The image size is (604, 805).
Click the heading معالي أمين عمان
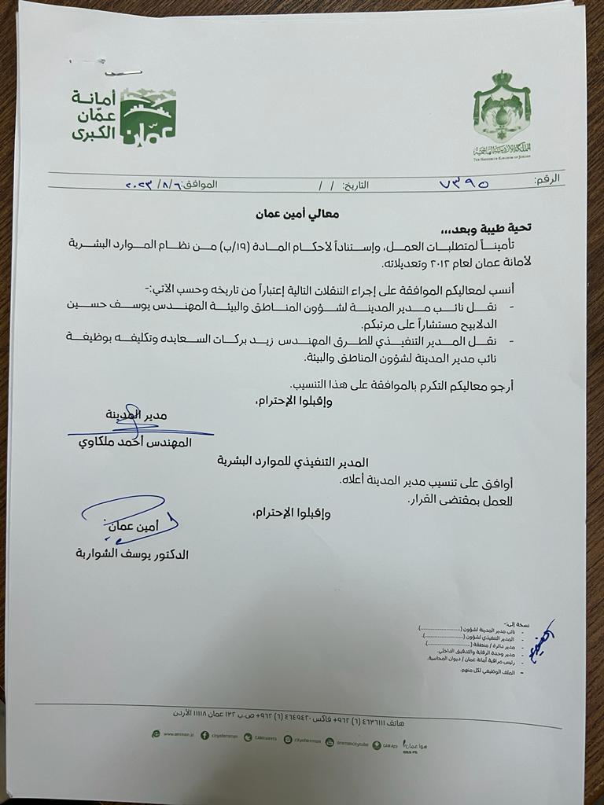pyautogui.click(x=287, y=213)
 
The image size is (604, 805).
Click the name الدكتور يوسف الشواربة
pyautogui.click(x=131, y=554)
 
